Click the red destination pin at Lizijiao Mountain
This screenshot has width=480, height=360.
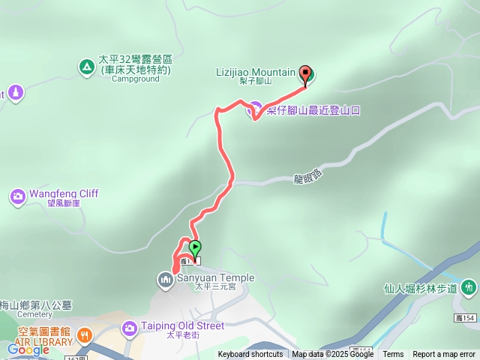click(305, 74)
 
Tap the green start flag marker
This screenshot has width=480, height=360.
click(195, 247)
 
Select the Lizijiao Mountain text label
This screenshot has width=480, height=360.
click(256, 72)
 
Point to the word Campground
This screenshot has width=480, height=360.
click(136, 79)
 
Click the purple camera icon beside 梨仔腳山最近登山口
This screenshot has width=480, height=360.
click(255, 110)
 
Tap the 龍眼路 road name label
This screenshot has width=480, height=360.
click(307, 177)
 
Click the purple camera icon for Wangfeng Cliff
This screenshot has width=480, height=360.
click(16, 197)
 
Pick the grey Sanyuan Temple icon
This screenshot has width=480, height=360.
click(165, 280)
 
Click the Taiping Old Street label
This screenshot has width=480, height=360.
click(183, 326)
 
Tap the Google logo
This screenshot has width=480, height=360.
click(28, 349)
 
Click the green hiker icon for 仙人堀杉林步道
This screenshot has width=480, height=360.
click(469, 286)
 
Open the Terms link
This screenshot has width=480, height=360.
click(393, 355)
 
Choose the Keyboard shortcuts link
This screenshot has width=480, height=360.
click(250, 355)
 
